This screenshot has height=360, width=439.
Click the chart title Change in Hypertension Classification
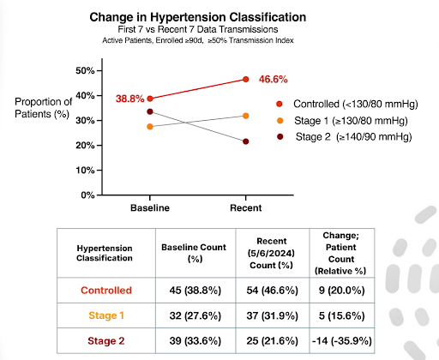click(x=198, y=17)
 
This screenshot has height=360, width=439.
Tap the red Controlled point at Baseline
click(x=150, y=99)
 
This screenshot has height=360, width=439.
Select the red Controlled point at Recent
click(x=246, y=79)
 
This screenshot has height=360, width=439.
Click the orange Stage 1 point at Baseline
click(x=150, y=127)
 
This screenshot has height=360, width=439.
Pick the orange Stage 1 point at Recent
click(x=246, y=116)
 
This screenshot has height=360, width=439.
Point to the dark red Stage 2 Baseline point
click(x=150, y=111)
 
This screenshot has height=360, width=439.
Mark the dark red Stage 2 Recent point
click(x=246, y=141)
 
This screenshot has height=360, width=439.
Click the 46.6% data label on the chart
click(x=274, y=79)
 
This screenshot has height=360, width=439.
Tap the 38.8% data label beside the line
click(x=130, y=99)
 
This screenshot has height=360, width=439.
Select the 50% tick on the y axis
click(x=85, y=70)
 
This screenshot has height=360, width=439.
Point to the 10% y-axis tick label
click(x=85, y=171)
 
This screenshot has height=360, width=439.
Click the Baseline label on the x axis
click(x=150, y=207)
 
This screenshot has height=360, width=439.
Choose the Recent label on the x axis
click(x=246, y=207)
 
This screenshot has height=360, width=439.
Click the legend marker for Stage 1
click(x=280, y=121)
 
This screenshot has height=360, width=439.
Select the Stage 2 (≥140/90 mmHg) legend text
click(x=354, y=137)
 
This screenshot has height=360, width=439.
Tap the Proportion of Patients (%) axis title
click(x=44, y=108)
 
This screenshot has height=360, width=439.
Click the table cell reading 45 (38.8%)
click(x=195, y=291)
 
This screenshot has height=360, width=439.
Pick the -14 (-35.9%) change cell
click(x=342, y=341)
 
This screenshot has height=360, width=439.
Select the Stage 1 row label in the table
click(x=106, y=315)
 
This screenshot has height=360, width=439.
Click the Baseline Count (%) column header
click(x=194, y=253)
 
